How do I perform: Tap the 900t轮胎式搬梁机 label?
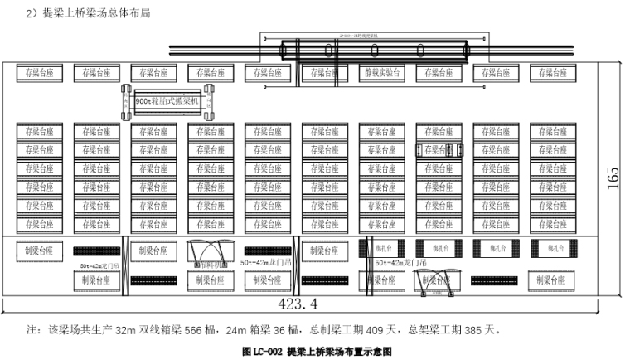[x=169, y=100]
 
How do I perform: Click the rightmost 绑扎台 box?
[x=550, y=247]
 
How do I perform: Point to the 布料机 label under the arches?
[x=211, y=265]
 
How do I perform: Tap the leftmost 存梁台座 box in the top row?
[x=39, y=73]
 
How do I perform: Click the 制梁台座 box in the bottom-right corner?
[x=550, y=280]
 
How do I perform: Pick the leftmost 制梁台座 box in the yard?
[x=39, y=249]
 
